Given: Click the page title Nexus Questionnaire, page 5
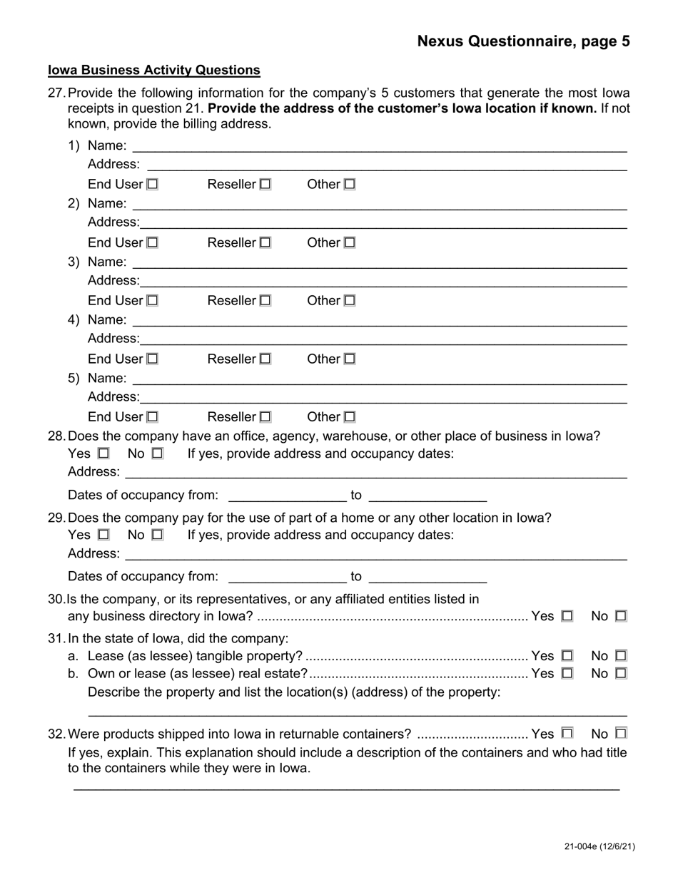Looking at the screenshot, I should pyautogui.click(x=523, y=41).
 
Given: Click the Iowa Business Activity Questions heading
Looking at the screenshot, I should pyautogui.click(x=153, y=70).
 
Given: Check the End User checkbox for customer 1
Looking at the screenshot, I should pyautogui.click(x=153, y=184).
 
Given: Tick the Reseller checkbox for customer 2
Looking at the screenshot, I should pyautogui.click(x=265, y=242).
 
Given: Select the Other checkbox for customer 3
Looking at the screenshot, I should pyautogui.click(x=350, y=301).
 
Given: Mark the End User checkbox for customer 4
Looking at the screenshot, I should pyautogui.click(x=153, y=359).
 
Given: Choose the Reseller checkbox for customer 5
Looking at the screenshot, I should pyautogui.click(x=265, y=417).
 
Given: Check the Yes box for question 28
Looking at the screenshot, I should pyautogui.click(x=103, y=453).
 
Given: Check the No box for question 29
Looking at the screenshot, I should pyautogui.click(x=158, y=535).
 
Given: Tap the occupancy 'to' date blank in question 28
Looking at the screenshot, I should pyautogui.click(x=427, y=497).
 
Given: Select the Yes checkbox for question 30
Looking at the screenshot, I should pyautogui.click(x=567, y=616).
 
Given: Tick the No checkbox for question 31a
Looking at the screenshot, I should pyautogui.click(x=621, y=655).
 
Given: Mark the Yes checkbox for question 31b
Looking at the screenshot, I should pyautogui.click(x=567, y=673).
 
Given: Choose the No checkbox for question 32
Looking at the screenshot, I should pyautogui.click(x=621, y=733).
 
